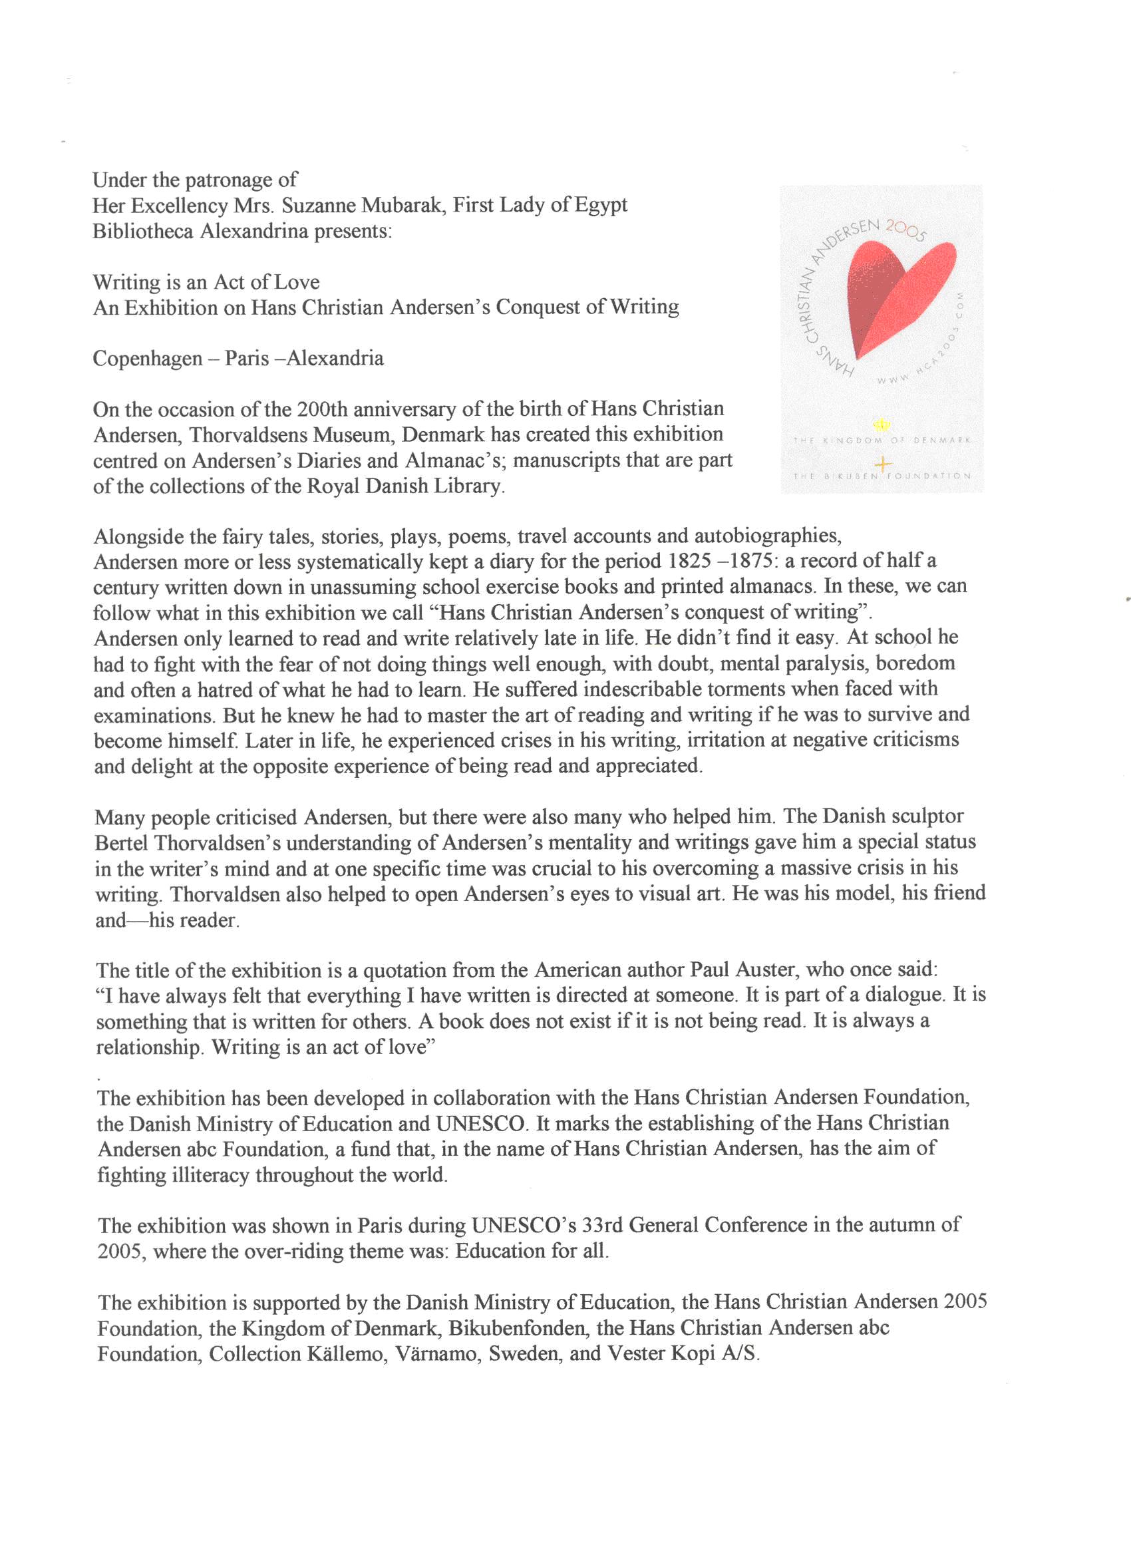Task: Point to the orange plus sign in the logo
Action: pyautogui.click(x=883, y=464)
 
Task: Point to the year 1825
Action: pyautogui.click(x=690, y=562)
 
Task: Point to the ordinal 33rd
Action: pyautogui.click(x=602, y=1225)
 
